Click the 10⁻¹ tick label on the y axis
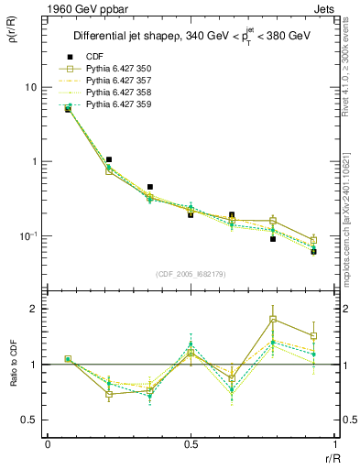(x=28, y=236)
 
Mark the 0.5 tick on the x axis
(x=191, y=443)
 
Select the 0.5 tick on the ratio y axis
(x=31, y=420)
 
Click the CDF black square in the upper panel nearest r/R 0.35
(x=149, y=187)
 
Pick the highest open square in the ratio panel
(x=273, y=319)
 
